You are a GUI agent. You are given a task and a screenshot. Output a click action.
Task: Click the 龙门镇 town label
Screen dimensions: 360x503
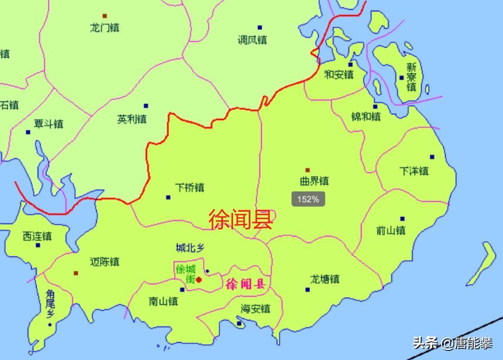(104, 28)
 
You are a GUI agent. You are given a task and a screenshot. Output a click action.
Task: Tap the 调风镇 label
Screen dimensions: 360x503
(252, 40)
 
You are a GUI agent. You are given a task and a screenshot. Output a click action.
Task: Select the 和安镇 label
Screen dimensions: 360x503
(339, 75)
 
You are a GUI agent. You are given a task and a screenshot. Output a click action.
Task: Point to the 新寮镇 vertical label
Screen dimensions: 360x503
(411, 77)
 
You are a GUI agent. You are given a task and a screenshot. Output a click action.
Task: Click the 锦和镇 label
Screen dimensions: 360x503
(366, 116)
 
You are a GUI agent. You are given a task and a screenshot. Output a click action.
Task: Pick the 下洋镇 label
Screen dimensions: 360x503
(414, 171)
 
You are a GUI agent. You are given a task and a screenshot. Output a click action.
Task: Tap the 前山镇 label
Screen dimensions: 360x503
(391, 230)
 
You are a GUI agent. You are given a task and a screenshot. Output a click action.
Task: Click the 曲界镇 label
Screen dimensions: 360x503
(314, 181)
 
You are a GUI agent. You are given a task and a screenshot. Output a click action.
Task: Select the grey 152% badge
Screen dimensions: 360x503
(308, 200)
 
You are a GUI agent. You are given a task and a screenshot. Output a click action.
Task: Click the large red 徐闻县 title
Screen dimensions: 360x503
(240, 219)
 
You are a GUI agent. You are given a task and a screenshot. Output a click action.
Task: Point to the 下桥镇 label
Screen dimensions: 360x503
(190, 188)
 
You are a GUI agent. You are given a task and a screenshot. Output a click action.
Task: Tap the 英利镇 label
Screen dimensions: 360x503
(132, 119)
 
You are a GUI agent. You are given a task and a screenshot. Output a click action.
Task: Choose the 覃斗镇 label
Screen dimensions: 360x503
(49, 124)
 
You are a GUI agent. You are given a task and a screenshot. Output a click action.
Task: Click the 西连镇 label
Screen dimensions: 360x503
(37, 236)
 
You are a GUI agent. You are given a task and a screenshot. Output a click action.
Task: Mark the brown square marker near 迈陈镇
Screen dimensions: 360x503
(76, 273)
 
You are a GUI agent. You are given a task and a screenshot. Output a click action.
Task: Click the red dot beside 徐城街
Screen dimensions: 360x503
(199, 280)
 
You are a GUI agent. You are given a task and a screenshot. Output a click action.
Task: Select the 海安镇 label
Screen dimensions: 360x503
(256, 308)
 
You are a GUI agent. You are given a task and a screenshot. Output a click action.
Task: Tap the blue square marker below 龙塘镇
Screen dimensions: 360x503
(308, 289)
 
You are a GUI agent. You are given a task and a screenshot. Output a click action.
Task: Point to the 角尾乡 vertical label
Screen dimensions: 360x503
(50, 304)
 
